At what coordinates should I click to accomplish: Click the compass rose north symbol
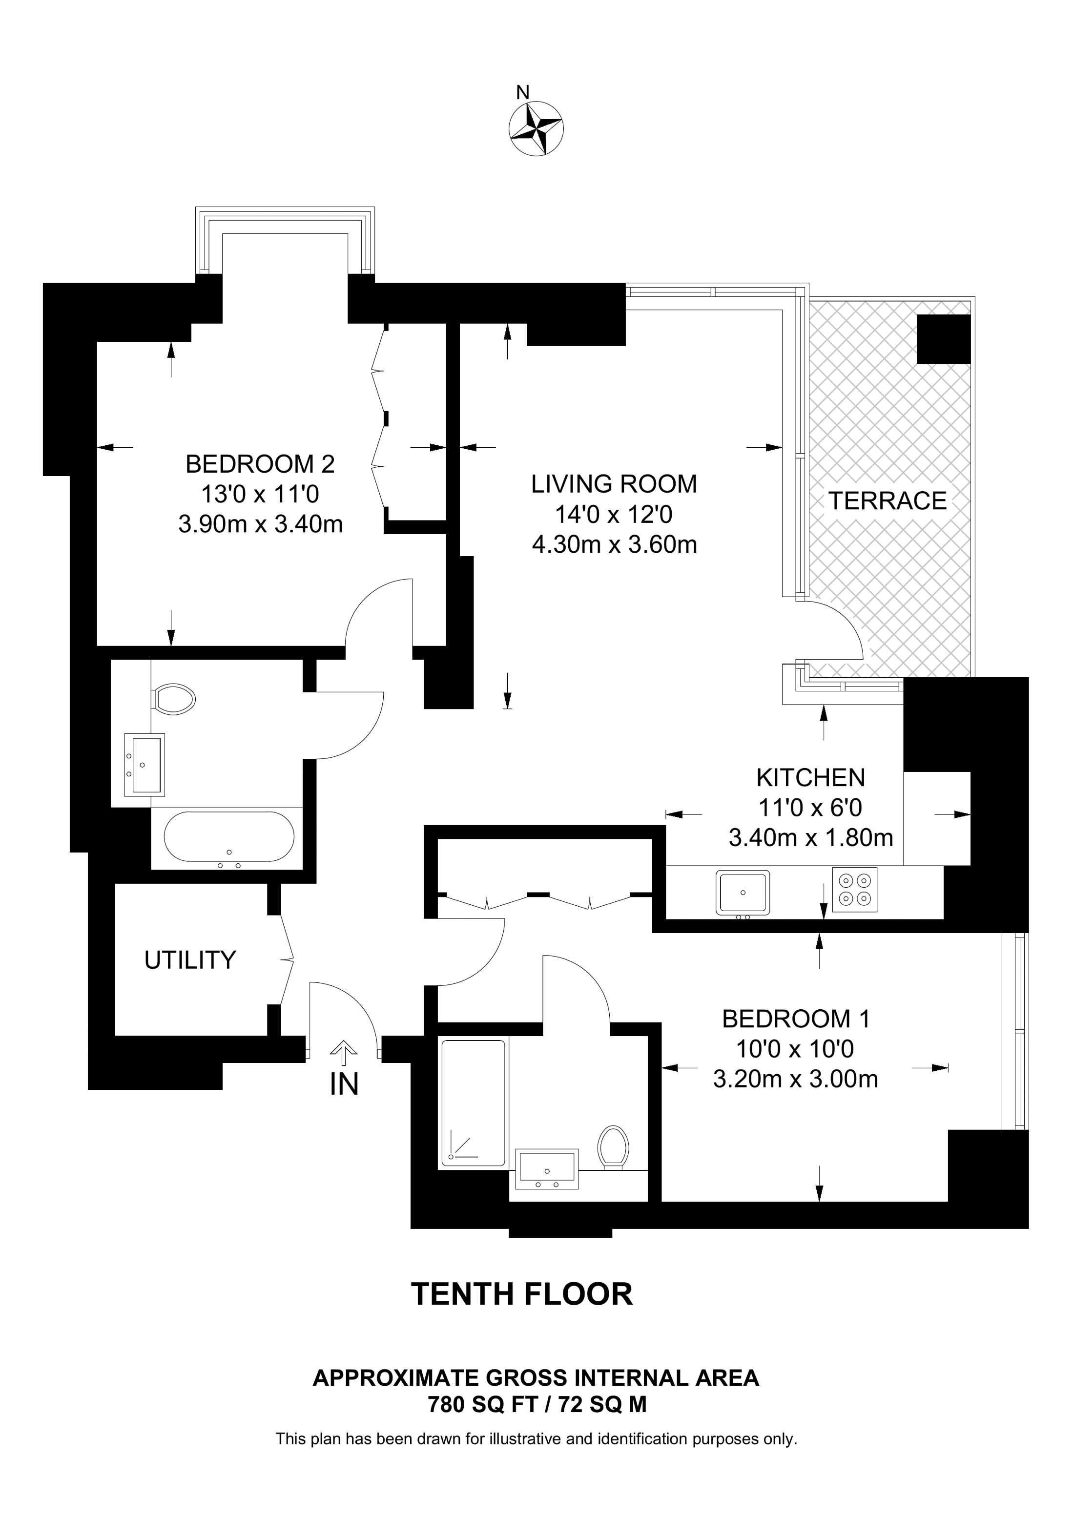536,128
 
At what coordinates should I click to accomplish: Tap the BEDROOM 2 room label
260,464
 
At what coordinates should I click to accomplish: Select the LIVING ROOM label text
614,484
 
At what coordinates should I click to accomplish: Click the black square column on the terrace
944,338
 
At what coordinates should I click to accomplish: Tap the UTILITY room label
190,960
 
